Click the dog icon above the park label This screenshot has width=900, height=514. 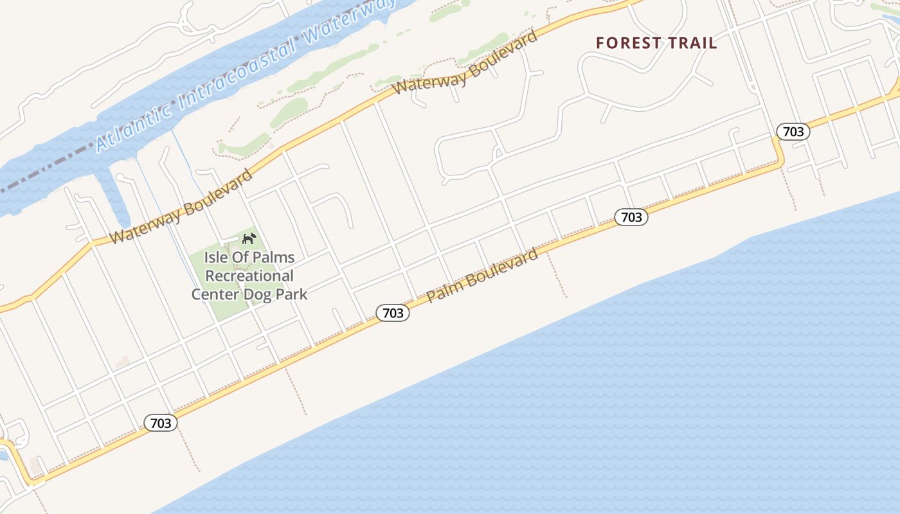[249, 239]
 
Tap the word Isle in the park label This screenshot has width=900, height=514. [217, 258]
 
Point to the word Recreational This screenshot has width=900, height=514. [249, 276]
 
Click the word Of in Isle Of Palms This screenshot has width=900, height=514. [242, 258]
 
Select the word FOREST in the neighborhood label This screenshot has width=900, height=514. [628, 44]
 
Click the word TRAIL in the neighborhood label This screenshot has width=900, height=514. [692, 44]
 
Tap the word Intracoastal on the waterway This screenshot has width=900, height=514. [238, 76]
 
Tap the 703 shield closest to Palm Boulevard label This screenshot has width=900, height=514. [393, 313]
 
